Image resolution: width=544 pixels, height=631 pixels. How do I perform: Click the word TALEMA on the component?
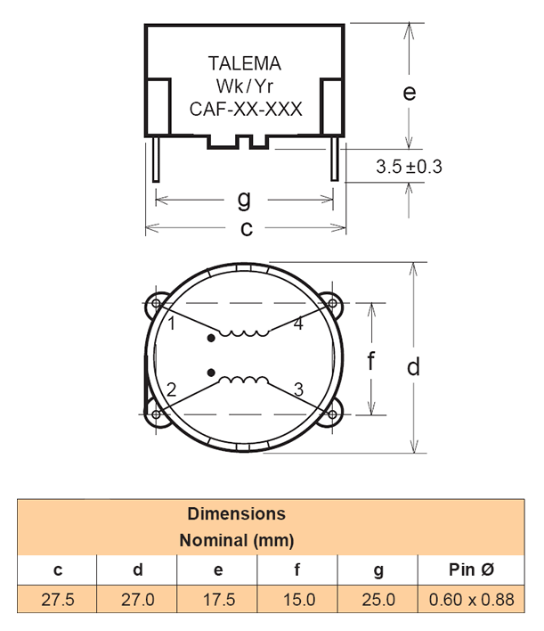[244, 64]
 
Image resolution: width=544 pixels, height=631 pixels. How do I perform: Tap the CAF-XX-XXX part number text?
[246, 110]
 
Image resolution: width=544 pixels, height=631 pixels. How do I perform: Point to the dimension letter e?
[410, 93]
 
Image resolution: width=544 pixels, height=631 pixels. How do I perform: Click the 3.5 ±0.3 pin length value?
[410, 166]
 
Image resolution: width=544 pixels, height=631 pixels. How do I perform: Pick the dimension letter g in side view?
[243, 197]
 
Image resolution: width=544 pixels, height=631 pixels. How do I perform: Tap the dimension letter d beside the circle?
[413, 367]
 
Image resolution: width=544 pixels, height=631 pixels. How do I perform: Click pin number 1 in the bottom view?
[172, 324]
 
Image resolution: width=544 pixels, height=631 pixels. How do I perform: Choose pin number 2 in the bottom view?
[171, 389]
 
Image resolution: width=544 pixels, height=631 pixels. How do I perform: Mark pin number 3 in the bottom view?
[298, 389]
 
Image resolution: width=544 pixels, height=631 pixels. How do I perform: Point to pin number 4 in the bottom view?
[298, 324]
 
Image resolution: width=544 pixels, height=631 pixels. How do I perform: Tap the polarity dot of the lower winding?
[211, 372]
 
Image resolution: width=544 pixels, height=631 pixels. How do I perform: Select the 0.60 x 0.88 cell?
[471, 600]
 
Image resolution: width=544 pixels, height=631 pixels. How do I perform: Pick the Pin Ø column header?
[471, 570]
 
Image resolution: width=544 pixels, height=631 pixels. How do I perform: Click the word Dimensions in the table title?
[237, 514]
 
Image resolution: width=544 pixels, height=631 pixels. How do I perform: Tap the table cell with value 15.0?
[298, 600]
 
